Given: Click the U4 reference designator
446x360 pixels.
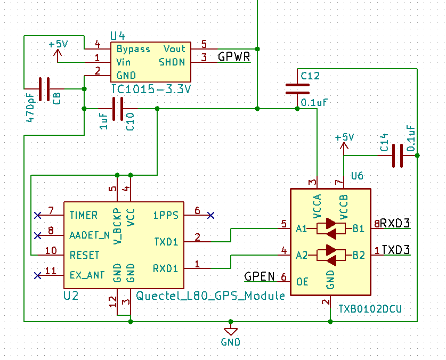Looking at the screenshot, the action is [117, 36].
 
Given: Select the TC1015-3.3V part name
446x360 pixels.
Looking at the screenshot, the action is [151, 89].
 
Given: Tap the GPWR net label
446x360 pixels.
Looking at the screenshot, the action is [234, 56].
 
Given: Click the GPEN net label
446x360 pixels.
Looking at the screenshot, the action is [260, 276].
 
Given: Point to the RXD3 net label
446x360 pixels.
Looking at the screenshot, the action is [395, 223].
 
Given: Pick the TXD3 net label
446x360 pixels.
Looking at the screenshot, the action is [396, 250].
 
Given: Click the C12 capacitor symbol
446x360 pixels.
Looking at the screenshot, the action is [297, 89].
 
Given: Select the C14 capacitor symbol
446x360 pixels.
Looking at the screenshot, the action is [398, 156].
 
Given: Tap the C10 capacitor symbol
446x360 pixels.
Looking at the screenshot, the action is [118, 109].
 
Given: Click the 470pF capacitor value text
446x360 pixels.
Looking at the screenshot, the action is [30, 108].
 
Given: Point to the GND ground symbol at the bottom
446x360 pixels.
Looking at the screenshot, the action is [231, 332].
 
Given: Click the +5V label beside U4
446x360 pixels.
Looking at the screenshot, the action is [58, 44].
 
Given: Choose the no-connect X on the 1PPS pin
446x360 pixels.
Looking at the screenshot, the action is [211, 215].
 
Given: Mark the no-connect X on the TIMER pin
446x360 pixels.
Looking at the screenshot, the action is [37, 215].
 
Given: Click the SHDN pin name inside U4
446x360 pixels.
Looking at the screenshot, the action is [172, 62].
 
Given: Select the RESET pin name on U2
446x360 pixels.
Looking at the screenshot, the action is [85, 255].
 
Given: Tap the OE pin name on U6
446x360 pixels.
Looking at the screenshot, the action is [302, 282].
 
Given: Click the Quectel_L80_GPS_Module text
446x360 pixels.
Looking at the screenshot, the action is [210, 296].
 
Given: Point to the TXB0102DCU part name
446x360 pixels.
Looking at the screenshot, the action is [370, 309].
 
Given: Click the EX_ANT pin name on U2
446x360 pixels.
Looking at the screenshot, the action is [87, 275].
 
